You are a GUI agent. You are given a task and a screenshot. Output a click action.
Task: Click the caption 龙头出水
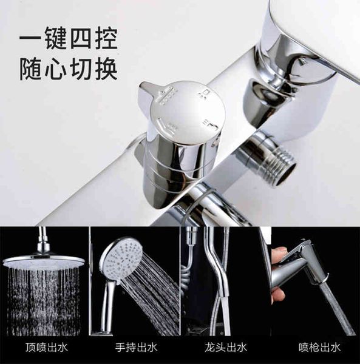(225, 348)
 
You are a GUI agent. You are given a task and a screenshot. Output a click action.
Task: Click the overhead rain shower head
(44, 261)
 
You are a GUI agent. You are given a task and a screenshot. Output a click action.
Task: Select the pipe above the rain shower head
(43, 240)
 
